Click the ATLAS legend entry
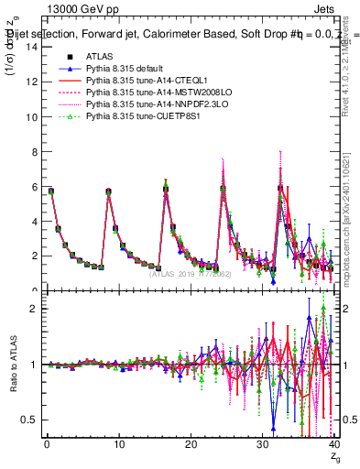coord(99,57)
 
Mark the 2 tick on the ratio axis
coord(33,309)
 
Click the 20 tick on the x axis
coord(191,444)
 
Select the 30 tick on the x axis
coord(263,444)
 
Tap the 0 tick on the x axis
coord(47,444)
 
